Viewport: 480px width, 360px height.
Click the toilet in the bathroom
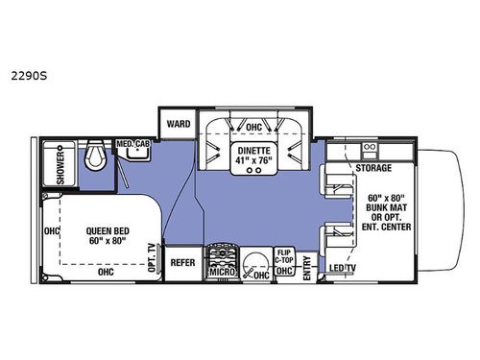tap(92, 156)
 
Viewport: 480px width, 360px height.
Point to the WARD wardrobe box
tap(179, 125)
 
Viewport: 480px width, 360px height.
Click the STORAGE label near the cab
tap(374, 168)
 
